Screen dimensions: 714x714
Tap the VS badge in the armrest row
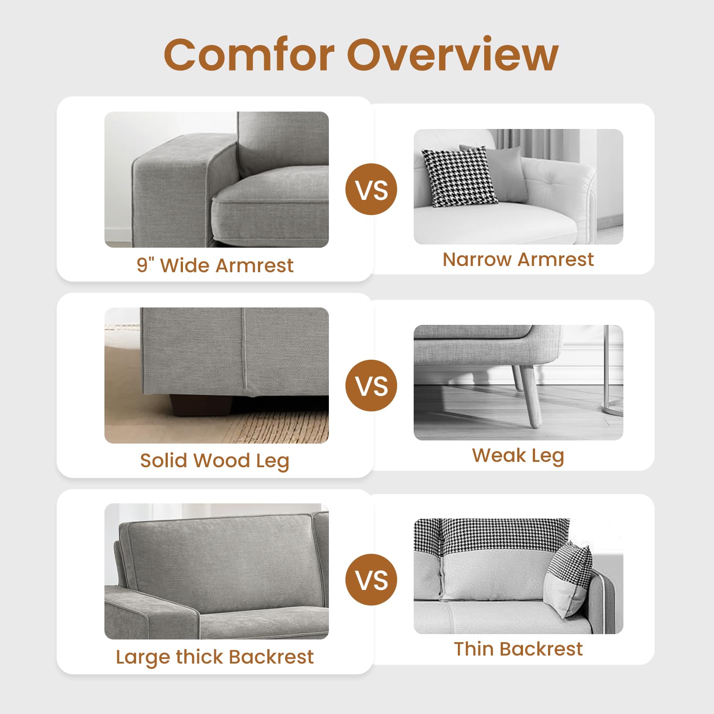[371, 189]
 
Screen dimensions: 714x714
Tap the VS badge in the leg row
[371, 386]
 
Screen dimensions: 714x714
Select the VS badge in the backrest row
[371, 580]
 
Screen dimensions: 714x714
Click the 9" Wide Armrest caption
[215, 266]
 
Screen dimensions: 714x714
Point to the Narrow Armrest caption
[518, 259]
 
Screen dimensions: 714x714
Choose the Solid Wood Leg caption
[215, 461]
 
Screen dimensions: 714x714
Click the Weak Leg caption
[518, 456]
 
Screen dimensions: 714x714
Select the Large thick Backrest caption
[215, 657]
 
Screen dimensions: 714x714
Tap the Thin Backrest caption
[518, 649]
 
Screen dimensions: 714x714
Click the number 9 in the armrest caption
[142, 266]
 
